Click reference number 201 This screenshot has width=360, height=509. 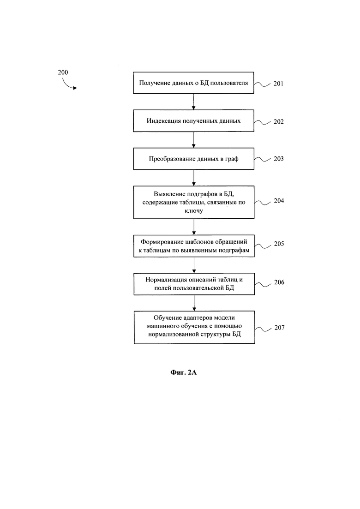point(278,84)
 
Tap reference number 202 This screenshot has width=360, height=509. point(278,121)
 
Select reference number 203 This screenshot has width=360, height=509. point(278,159)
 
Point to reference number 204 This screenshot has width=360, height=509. point(279,201)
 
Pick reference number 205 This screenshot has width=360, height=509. point(279,244)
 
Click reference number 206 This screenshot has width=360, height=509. point(279,282)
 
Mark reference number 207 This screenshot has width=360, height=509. point(280,328)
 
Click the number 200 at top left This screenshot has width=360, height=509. point(63,72)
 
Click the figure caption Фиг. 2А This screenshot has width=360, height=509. point(183,372)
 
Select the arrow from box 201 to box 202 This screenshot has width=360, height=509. point(193,102)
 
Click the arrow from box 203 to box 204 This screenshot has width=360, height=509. point(194,178)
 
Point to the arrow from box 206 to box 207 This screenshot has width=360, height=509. point(194,303)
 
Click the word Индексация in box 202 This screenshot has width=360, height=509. point(163,121)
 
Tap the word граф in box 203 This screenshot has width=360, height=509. point(232,159)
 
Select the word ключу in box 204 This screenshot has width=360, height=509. point(194,211)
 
